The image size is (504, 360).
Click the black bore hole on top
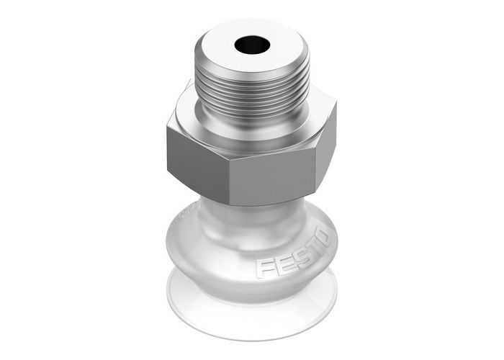251,45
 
